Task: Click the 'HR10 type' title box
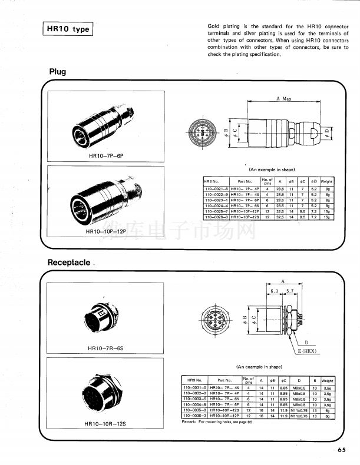[68, 29]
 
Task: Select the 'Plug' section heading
[58, 72]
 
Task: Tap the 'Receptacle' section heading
[69, 262]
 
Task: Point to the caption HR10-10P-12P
[106, 232]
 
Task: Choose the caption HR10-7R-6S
[105, 348]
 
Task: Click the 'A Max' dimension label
[283, 99]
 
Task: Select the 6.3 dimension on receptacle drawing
[274, 291]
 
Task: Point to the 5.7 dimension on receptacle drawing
[290, 291]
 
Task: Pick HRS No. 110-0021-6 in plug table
[216, 189]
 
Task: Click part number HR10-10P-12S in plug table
[245, 217]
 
